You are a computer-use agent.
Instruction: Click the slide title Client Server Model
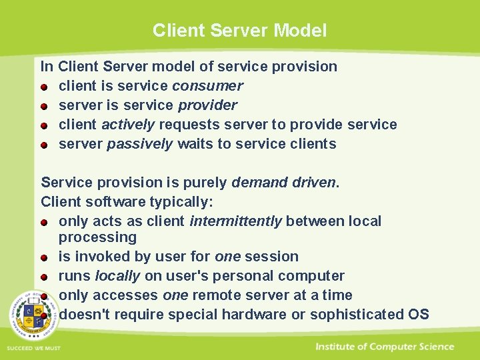click(x=239, y=31)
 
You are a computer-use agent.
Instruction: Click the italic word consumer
click(x=207, y=86)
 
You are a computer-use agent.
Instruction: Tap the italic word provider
click(x=207, y=105)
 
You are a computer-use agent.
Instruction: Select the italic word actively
click(x=128, y=125)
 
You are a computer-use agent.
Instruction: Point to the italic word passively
click(x=140, y=144)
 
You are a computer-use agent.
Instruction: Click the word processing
click(x=97, y=237)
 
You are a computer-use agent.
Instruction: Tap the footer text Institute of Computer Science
click(x=385, y=347)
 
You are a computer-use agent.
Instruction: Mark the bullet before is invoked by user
click(x=43, y=257)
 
